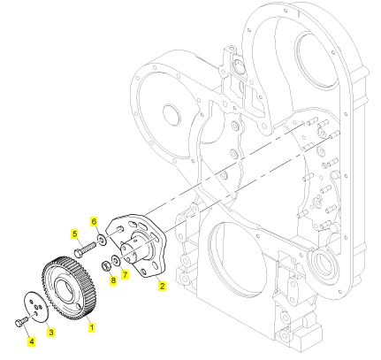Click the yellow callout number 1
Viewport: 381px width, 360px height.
(x=92, y=327)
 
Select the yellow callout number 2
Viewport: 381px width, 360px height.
(x=162, y=286)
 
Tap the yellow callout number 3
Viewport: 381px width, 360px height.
(x=51, y=333)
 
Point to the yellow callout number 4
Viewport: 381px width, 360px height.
(x=32, y=341)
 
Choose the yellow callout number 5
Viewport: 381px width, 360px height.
(x=75, y=234)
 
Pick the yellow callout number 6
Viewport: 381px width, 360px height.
(x=94, y=221)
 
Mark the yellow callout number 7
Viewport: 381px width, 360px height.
(x=125, y=274)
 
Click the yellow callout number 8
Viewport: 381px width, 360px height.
(x=113, y=280)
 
